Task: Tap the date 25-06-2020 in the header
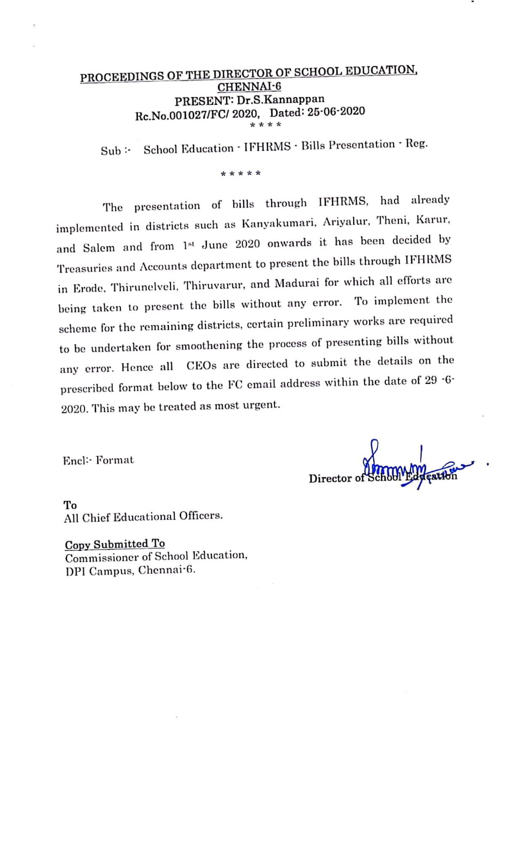tap(336, 112)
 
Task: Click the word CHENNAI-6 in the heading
tap(249, 87)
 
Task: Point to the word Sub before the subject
tap(111, 151)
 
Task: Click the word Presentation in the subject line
tap(362, 145)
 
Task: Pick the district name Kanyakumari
tap(278, 223)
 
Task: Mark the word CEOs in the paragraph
tap(201, 365)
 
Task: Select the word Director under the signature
tap(330, 479)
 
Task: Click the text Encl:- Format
tap(98, 460)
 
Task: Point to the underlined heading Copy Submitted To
tap(115, 544)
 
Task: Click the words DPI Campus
tap(99, 571)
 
